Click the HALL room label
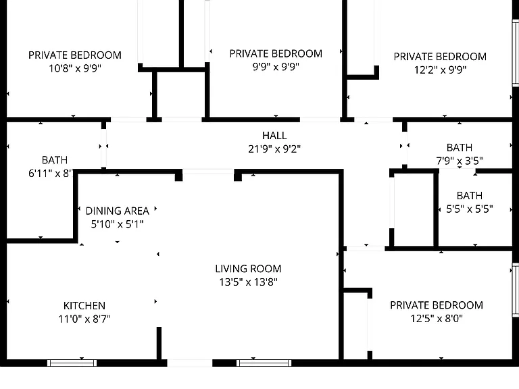(274, 136)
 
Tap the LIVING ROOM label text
(248, 269)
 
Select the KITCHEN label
(84, 306)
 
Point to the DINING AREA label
(117, 211)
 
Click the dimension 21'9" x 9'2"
(274, 149)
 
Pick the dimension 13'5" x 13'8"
(248, 282)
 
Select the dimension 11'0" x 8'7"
(84, 319)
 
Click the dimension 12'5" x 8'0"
(437, 319)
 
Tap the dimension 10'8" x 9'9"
(75, 68)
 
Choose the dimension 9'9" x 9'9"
(276, 67)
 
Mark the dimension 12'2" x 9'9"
(440, 70)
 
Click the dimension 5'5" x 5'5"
(470, 209)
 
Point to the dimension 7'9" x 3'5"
(460, 161)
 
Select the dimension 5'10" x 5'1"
(117, 224)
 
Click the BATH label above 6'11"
(55, 160)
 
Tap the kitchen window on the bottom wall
(72, 363)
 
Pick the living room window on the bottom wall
(264, 363)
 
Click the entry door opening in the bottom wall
(189, 363)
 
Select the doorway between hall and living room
(208, 172)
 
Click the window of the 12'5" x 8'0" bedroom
(516, 290)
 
